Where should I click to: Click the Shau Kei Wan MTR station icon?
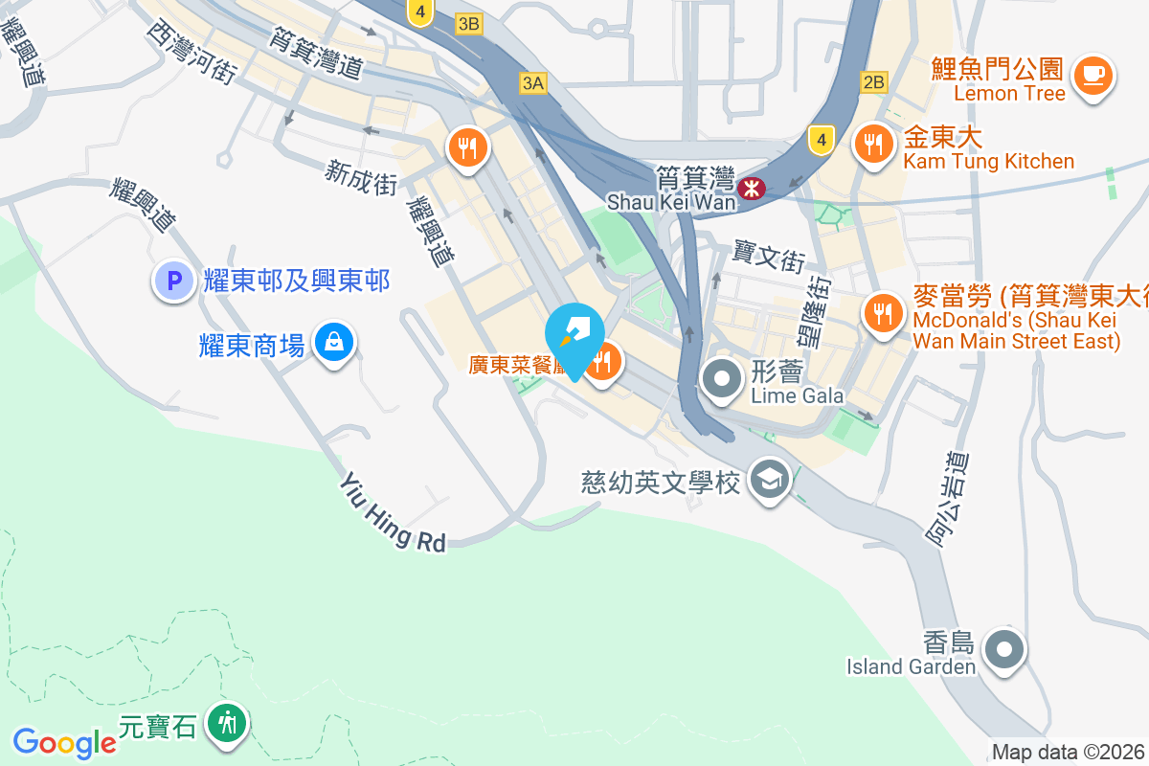click(753, 188)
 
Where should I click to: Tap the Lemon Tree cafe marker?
click(1092, 75)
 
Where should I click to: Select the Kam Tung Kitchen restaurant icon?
click(871, 146)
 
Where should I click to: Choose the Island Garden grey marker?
click(1003, 650)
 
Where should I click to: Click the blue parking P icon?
click(174, 282)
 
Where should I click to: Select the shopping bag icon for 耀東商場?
click(334, 341)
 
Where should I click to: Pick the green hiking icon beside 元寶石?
click(228, 722)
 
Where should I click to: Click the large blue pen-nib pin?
click(574, 335)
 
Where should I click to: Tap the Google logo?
click(64, 742)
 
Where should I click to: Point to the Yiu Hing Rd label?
click(393, 514)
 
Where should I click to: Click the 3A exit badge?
click(533, 83)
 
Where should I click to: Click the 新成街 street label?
click(361, 177)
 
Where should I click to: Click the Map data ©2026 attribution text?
click(1068, 753)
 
